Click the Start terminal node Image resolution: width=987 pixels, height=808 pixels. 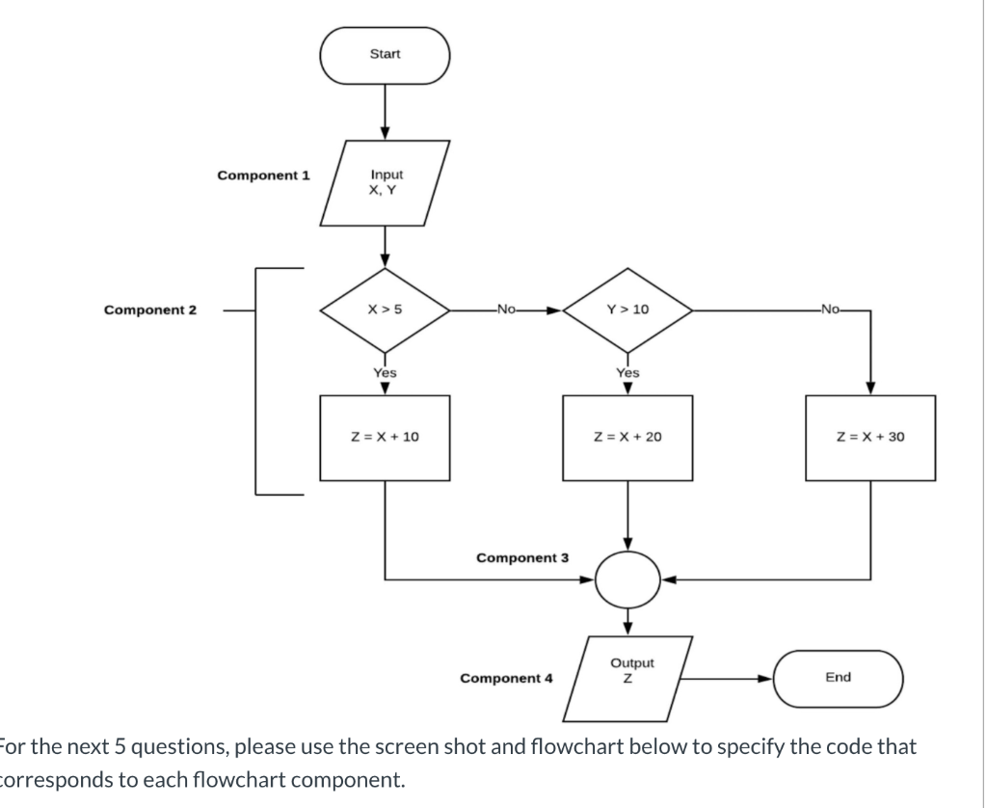point(386,54)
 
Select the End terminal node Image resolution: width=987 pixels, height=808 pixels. point(838,677)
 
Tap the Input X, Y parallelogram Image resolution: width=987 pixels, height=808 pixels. point(386,182)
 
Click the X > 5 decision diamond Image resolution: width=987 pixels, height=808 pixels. point(385,310)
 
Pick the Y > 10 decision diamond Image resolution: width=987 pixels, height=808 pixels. point(627,310)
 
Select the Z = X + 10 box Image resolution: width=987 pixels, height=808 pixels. point(385,437)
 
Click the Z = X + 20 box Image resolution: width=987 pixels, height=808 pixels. point(627,437)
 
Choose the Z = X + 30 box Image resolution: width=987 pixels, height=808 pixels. point(870,437)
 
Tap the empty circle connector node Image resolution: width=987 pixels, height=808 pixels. point(627,579)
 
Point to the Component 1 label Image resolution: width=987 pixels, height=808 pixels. point(263,175)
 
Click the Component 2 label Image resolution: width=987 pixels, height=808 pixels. point(149,310)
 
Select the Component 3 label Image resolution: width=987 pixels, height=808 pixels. point(522,557)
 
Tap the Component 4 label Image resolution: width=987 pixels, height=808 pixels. point(506,678)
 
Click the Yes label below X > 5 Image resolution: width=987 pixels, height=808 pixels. point(385,371)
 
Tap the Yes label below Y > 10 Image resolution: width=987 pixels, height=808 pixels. point(627,371)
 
